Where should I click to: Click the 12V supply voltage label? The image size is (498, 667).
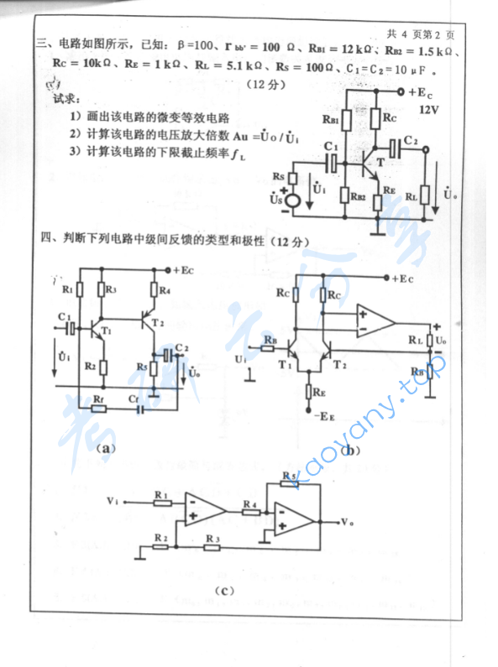click(427, 110)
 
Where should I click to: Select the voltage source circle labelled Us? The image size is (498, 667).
click(293, 201)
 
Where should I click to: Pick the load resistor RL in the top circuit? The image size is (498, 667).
click(426, 194)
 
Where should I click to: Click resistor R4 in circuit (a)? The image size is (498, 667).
click(155, 292)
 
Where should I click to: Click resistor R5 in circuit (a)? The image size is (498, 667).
click(155, 366)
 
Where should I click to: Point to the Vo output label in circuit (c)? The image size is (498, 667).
click(348, 522)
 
